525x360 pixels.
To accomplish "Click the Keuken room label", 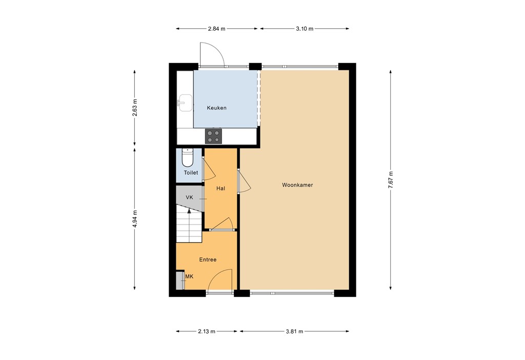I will point(216,108).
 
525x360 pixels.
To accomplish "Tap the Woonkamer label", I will point(297,185).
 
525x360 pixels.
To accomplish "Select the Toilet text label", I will point(191,173).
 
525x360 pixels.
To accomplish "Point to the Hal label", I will point(221,189).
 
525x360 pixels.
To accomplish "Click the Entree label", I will point(208,260).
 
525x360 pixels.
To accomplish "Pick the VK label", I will point(189,197).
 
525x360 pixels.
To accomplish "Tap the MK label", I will point(189,277).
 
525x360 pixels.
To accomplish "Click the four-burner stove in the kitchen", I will point(214,136).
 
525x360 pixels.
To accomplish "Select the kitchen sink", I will point(184,103).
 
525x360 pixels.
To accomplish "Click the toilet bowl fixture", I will point(188,158).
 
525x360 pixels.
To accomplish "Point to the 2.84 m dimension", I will point(217,29).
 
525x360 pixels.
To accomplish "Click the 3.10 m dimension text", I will point(305,29).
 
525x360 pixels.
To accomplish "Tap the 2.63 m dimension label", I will point(135,107).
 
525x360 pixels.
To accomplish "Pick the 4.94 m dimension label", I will point(135,219).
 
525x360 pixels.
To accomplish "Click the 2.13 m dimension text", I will point(207,332).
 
